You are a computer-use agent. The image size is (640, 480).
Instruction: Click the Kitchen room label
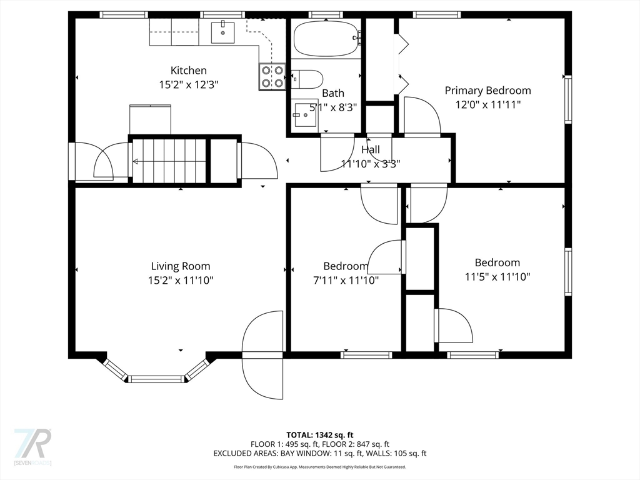click(188, 71)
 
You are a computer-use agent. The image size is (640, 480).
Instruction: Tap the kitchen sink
click(222, 31)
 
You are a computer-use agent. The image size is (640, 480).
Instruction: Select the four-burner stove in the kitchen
click(272, 76)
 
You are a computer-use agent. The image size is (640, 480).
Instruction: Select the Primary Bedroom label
click(487, 91)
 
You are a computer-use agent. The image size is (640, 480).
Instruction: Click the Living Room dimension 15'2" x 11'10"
click(180, 281)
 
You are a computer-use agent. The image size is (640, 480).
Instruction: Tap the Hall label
click(370, 150)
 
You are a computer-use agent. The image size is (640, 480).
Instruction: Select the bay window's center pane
click(157, 379)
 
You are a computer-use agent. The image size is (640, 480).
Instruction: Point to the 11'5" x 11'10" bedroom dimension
click(497, 277)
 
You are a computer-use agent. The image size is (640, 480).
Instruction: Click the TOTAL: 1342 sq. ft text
click(319, 435)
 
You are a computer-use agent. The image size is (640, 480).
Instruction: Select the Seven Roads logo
click(32, 446)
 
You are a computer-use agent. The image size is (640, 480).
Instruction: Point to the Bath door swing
click(336, 153)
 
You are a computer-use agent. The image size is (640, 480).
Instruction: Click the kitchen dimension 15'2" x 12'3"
click(188, 84)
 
